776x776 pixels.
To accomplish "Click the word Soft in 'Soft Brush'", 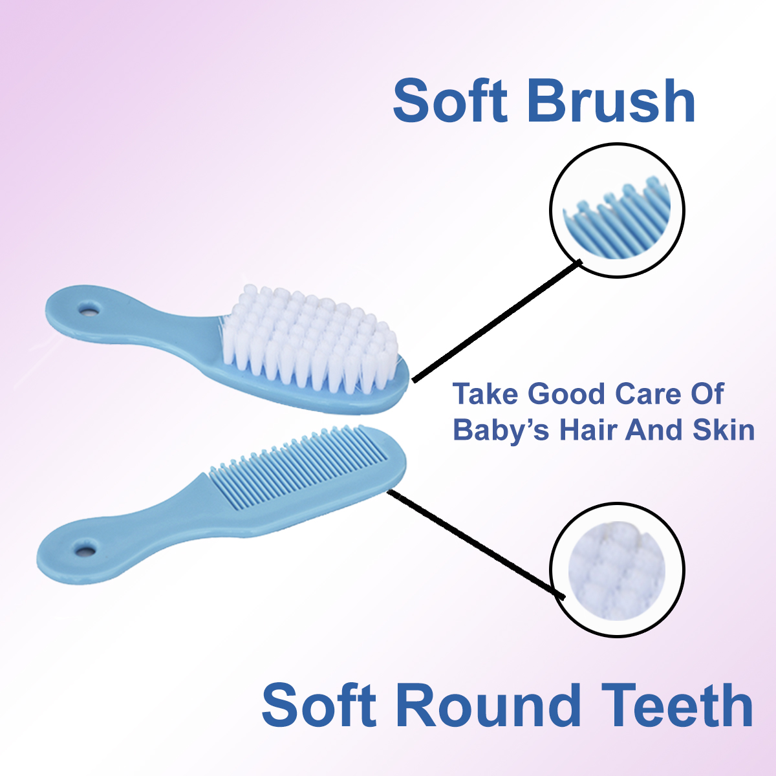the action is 450,101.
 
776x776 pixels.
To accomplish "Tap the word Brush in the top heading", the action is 610,101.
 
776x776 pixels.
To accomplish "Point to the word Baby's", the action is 501,429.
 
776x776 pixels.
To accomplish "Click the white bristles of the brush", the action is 311,340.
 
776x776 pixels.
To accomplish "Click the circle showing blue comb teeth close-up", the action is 617,210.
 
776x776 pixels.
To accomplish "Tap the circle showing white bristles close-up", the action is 617,570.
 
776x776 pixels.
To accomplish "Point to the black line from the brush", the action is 497,321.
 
